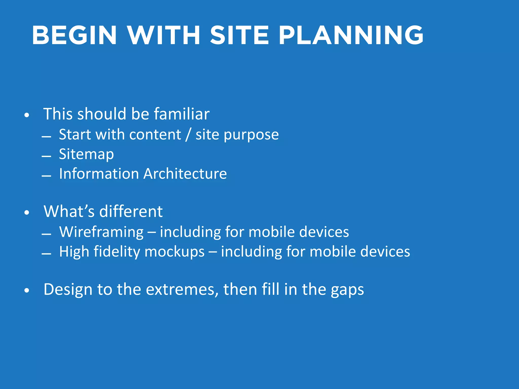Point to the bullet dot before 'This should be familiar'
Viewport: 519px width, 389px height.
click(x=27, y=115)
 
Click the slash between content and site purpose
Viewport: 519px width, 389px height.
click(x=188, y=134)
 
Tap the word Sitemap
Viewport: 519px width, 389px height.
click(x=86, y=154)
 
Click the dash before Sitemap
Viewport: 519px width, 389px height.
click(x=46, y=156)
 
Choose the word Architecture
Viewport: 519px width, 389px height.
click(x=185, y=174)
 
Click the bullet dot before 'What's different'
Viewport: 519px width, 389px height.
click(x=27, y=213)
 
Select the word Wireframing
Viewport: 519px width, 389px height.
click(x=101, y=232)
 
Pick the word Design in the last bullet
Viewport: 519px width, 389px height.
click(x=68, y=289)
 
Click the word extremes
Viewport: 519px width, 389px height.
click(x=182, y=289)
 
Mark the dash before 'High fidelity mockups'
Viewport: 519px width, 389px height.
click(x=46, y=254)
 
